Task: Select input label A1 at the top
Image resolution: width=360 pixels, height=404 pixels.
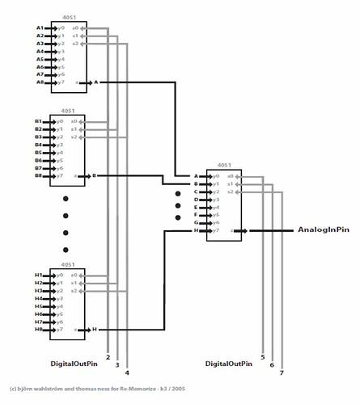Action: point(39,27)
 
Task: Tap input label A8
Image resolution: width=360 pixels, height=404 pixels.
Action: point(39,82)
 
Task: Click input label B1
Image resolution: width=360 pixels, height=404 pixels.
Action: point(38,121)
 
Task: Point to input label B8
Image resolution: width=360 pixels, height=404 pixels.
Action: point(38,175)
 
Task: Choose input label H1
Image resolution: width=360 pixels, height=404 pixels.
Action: point(38,276)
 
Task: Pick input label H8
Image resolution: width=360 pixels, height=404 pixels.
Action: point(38,330)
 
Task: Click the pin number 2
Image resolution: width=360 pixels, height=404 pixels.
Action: point(108,357)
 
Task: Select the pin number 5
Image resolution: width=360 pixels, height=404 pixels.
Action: point(263,356)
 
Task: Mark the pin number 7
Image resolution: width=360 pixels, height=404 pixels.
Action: point(282,372)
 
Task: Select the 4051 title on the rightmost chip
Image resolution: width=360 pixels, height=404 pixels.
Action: point(224,166)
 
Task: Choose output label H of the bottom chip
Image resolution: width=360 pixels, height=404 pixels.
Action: point(93,330)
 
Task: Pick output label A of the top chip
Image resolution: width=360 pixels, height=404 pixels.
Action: point(95,82)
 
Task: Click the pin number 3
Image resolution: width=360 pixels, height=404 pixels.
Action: point(117,365)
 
